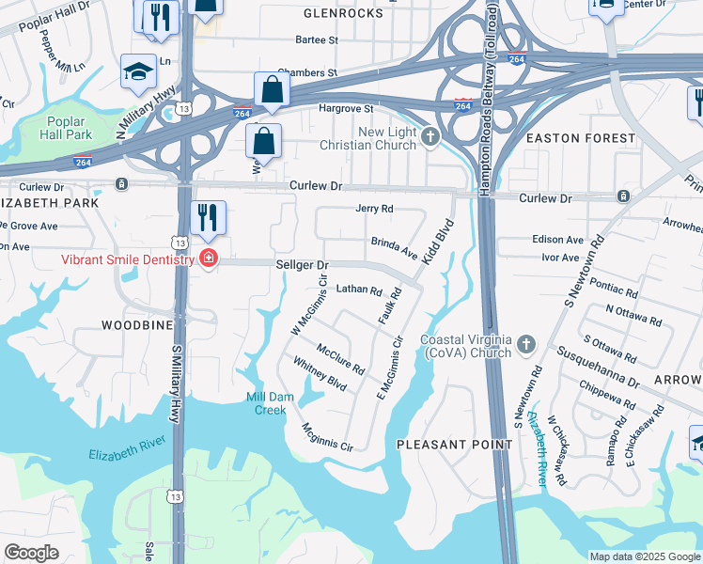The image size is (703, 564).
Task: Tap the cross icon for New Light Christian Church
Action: click(x=430, y=138)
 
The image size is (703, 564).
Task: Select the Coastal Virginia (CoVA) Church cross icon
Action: click(x=525, y=345)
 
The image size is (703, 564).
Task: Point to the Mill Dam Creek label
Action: click(x=271, y=403)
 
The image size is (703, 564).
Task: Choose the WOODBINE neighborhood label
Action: click(x=137, y=325)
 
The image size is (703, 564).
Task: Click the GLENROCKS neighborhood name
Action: click(x=344, y=14)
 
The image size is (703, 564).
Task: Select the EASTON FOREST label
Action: click(x=580, y=138)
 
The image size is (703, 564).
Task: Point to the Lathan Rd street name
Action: click(x=359, y=290)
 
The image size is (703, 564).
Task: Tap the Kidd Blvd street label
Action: click(x=437, y=241)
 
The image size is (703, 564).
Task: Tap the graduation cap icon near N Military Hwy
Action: click(x=138, y=70)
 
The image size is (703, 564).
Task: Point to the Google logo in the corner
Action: click(x=31, y=553)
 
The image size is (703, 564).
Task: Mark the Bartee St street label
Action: click(x=317, y=40)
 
